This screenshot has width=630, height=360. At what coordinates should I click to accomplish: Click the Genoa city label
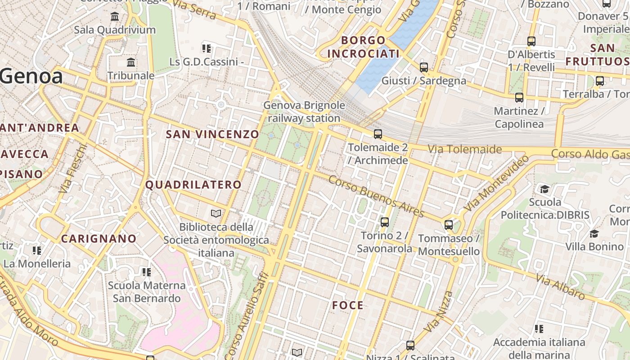31,76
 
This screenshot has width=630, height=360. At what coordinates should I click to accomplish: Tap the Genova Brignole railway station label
304,112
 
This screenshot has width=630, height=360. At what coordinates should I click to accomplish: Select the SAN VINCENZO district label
212,134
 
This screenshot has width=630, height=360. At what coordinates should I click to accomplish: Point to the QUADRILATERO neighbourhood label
193,184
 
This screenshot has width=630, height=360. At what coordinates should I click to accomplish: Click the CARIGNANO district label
99,238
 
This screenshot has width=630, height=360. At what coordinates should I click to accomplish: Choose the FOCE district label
347,306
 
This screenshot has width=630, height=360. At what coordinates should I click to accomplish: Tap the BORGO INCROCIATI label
363,47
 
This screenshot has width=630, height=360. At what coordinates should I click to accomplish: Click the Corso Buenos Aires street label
376,196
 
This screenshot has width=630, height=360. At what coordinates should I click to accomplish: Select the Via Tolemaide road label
464,149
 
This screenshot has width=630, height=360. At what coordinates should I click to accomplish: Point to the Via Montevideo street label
496,183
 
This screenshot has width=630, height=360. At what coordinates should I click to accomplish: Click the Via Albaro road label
560,287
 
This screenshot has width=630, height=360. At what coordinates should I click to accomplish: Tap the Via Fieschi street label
72,169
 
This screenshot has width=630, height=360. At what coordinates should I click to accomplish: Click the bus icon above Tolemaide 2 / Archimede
378,134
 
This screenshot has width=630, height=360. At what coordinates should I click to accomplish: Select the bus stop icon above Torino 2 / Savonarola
384,222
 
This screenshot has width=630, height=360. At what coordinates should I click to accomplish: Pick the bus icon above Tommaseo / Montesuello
449,225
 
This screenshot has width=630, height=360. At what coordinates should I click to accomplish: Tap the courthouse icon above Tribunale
131,62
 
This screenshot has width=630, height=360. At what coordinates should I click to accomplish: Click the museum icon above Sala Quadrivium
115,17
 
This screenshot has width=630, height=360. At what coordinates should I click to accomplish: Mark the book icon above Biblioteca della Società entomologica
216,213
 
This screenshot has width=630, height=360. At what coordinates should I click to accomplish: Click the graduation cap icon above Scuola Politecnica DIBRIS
545,189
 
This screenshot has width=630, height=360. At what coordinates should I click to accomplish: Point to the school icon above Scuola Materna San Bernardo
146,272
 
